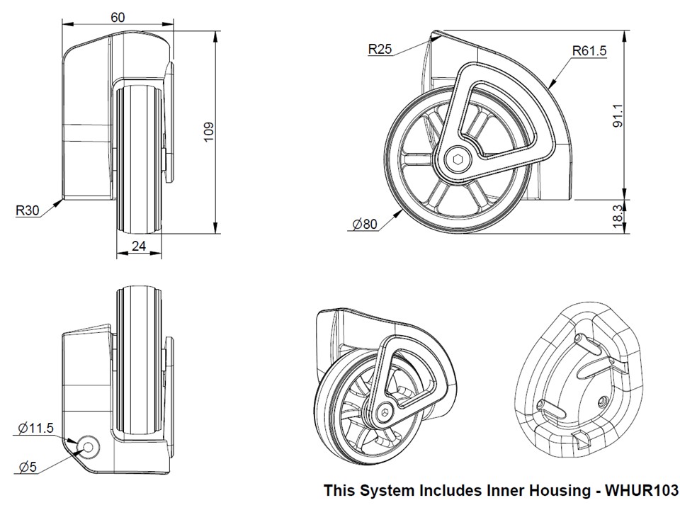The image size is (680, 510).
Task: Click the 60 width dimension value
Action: pos(118,17)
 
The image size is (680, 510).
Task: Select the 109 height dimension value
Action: pos(208,132)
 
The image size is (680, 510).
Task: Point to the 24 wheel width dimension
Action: pos(138,246)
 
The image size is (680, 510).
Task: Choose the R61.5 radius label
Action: pos(589,50)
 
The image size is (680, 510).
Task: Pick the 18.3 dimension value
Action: pos(618,215)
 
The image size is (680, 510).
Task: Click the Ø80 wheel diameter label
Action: pos(365,225)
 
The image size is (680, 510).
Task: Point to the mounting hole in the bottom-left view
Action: pos(89,446)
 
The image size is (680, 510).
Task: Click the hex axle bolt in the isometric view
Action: pos(385,410)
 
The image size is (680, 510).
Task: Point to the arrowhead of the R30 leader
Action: pos(62,200)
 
